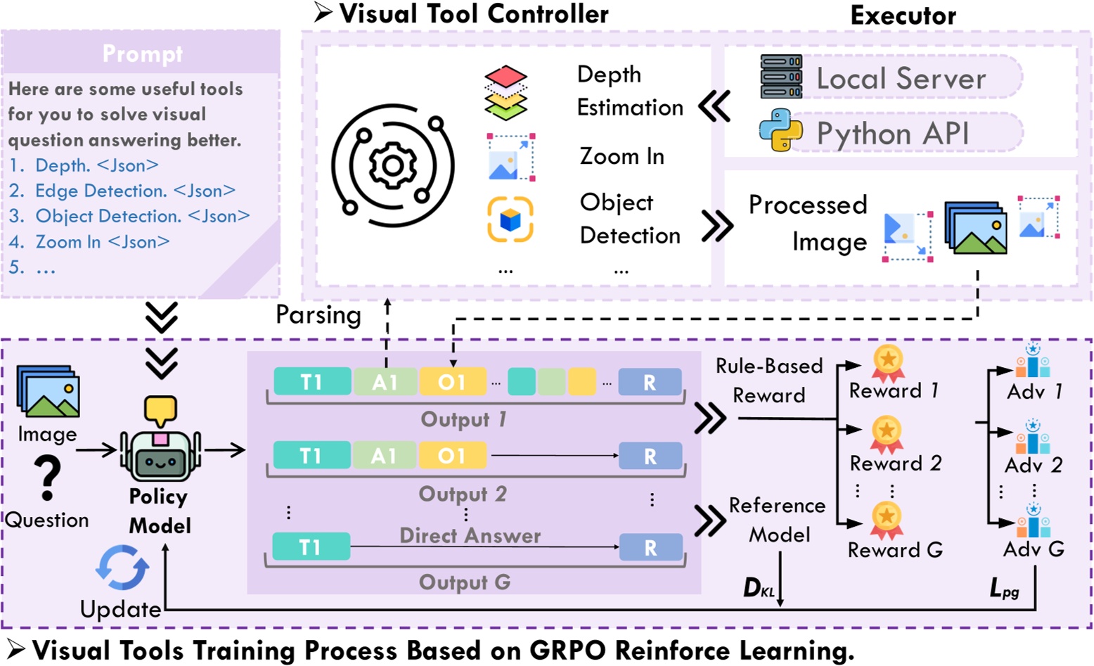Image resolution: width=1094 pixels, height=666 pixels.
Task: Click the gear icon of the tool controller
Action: pyautogui.click(x=392, y=166)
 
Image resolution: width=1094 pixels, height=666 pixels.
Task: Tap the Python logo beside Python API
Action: pyautogui.click(x=780, y=131)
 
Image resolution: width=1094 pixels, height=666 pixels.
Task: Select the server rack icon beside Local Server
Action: pyautogui.click(x=780, y=77)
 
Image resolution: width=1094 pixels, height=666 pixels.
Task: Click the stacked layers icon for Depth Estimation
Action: pyautogui.click(x=506, y=92)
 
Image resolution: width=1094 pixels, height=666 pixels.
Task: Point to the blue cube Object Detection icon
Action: pyautogui.click(x=510, y=219)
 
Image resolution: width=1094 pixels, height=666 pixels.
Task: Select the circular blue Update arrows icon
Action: pyautogui.click(x=122, y=568)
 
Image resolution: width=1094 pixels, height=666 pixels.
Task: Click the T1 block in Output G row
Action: pyautogui.click(x=311, y=547)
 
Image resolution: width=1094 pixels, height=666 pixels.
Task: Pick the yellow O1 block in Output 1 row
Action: pyautogui.click(x=452, y=382)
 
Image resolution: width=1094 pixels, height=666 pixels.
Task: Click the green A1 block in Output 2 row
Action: pyautogui.click(x=384, y=456)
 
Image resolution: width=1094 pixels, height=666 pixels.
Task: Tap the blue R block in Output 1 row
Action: pyautogui.click(x=650, y=382)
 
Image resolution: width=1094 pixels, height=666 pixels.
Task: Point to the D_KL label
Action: pyautogui.click(x=759, y=588)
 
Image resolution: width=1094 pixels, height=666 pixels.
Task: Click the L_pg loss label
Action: pyautogui.click(x=1004, y=588)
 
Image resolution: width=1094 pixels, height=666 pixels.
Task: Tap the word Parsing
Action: pyautogui.click(x=318, y=315)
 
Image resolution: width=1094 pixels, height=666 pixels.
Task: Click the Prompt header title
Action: pyautogui.click(x=142, y=53)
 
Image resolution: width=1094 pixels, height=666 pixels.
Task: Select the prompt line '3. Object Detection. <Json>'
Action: pyautogui.click(x=129, y=216)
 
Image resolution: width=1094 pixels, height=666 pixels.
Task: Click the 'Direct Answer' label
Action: pyautogui.click(x=470, y=536)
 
